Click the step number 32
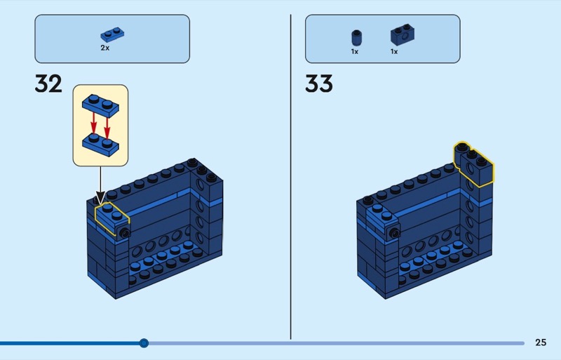(x=48, y=84)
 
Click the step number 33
(x=319, y=84)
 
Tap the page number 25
(x=541, y=342)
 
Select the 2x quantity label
(x=105, y=48)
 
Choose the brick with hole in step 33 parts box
(x=400, y=34)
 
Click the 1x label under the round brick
(x=355, y=51)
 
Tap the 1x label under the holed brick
(x=394, y=51)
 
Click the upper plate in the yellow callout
(x=101, y=103)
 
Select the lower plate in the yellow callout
(x=100, y=144)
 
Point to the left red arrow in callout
(x=93, y=124)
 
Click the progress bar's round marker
(x=144, y=343)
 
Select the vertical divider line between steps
(x=291, y=175)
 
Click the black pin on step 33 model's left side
(x=394, y=231)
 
